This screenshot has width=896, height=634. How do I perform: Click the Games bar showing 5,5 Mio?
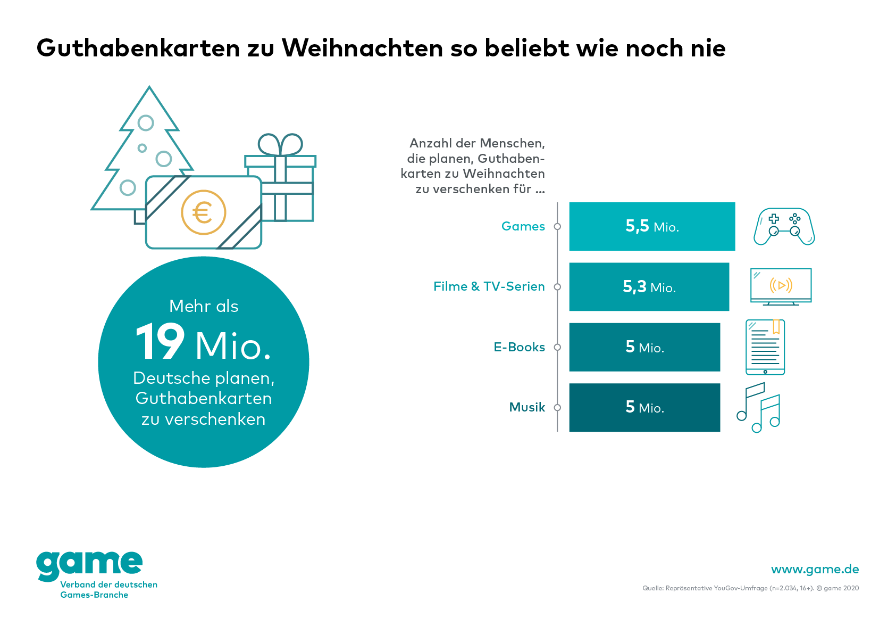click(x=652, y=226)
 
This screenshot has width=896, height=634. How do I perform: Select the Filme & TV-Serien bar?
click(x=649, y=287)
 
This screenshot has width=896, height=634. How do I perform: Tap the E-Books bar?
click(x=644, y=347)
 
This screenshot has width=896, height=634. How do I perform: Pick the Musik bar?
click(x=644, y=407)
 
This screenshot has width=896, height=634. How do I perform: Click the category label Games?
click(x=523, y=226)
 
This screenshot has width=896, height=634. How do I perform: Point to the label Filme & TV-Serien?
click(x=489, y=286)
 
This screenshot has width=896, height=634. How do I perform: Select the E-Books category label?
click(x=519, y=347)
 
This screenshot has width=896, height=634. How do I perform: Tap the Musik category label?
click(x=527, y=407)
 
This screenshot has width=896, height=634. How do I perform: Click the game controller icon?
click(x=784, y=226)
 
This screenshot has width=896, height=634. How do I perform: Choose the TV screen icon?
click(x=781, y=286)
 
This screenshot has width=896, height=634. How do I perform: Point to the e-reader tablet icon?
click(x=765, y=347)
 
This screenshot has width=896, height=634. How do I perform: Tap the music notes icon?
click(x=759, y=407)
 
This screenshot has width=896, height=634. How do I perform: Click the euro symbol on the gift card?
click(x=203, y=212)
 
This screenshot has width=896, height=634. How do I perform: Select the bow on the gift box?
click(x=280, y=144)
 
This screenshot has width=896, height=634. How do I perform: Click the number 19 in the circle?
click(x=160, y=342)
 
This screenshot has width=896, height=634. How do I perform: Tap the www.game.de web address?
click(x=815, y=569)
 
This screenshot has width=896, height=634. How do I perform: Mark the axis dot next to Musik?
click(x=557, y=408)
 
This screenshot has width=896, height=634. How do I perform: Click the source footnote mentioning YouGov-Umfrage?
click(x=750, y=588)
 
